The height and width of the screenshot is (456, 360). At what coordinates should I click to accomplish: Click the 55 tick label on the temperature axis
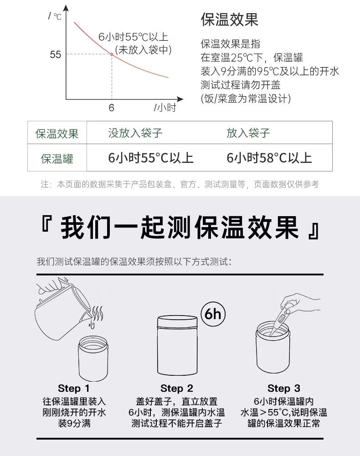click(x=56, y=54)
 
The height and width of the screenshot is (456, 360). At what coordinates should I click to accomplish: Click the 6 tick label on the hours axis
click(x=111, y=108)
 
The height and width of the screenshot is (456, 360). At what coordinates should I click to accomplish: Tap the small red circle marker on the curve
click(x=111, y=54)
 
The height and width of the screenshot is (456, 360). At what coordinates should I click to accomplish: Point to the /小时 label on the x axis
click(x=165, y=108)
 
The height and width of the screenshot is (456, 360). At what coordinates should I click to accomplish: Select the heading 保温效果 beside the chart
click(x=230, y=20)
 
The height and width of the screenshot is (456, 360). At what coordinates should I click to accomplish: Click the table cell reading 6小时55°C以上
click(x=150, y=158)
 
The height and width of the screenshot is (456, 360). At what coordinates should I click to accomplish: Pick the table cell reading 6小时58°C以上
click(x=269, y=158)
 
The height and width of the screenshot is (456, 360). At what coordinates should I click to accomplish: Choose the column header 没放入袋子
click(x=135, y=133)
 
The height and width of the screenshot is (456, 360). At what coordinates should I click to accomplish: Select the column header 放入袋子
click(x=248, y=133)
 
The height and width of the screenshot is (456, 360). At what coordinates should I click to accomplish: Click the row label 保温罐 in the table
click(x=57, y=159)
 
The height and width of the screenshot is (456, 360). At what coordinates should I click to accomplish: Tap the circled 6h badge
click(x=213, y=314)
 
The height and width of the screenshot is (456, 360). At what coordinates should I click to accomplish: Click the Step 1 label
click(x=74, y=388)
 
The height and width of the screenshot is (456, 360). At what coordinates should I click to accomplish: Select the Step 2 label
click(x=177, y=388)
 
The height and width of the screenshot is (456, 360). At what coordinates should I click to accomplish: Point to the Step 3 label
click(x=284, y=388)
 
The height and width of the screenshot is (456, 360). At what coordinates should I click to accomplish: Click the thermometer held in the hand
click(x=280, y=320)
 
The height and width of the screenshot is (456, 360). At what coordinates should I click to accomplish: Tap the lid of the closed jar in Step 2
click(x=177, y=322)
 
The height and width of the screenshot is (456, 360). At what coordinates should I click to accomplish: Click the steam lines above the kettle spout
click(x=97, y=314)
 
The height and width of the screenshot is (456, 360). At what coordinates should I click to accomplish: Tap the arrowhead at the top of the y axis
click(x=66, y=8)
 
